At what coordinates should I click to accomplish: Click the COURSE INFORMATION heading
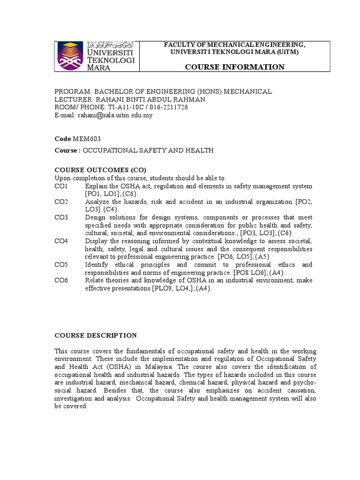pos(234,67)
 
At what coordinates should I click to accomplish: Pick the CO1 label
pos(61,186)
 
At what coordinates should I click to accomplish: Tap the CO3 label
pos(61,217)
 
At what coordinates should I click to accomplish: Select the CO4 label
pos(61,241)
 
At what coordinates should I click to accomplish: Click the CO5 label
pos(61,265)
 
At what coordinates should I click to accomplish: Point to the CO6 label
pos(61,281)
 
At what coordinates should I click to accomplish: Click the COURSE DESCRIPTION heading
pos(96,336)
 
